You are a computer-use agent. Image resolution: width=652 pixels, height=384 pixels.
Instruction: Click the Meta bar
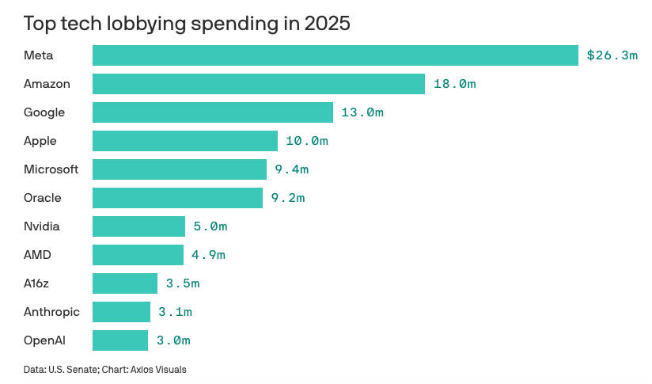[335, 55]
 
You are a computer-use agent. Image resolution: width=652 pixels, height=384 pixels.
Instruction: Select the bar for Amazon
[259, 84]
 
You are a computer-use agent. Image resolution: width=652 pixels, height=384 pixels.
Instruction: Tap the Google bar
[213, 112]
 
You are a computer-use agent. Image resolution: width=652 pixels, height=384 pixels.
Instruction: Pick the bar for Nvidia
[138, 226]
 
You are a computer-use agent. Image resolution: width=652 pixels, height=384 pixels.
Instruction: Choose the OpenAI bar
[120, 340]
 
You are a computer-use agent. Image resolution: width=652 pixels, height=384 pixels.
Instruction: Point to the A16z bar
[125, 283]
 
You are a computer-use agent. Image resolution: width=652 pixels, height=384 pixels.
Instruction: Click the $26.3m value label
[612, 55]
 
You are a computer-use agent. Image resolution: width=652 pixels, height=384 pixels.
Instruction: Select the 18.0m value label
[454, 84]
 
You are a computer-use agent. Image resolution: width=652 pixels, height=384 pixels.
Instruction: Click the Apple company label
[40, 141]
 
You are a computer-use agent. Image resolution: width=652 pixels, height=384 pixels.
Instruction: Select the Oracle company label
[43, 198]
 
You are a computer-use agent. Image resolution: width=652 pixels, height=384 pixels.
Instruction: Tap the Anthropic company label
[52, 312]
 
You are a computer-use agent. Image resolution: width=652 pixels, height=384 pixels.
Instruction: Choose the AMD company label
[37, 255]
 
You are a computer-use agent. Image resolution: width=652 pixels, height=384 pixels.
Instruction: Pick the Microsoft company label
[51, 169]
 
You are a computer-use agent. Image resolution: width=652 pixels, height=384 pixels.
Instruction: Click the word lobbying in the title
[138, 24]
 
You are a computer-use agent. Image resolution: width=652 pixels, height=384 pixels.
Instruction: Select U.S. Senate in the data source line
[75, 369]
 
